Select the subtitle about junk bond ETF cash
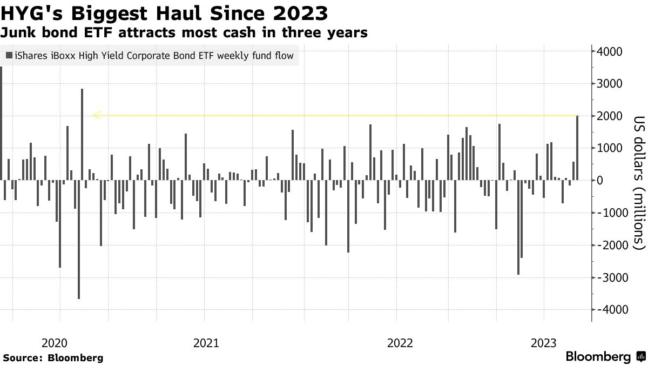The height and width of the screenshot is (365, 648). click(184, 33)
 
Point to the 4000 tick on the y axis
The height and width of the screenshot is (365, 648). click(610, 51)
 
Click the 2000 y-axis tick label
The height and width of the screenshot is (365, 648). click(610, 116)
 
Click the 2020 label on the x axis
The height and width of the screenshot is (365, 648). click(53, 343)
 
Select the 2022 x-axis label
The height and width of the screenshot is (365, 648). click(400, 343)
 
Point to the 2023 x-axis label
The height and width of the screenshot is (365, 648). click(544, 343)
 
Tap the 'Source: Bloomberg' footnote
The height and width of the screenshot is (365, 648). click(53, 358)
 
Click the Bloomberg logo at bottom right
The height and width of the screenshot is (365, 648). click(605, 357)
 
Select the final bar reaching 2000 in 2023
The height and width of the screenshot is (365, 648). click(577, 148)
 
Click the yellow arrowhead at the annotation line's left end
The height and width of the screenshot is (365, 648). click(96, 115)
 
